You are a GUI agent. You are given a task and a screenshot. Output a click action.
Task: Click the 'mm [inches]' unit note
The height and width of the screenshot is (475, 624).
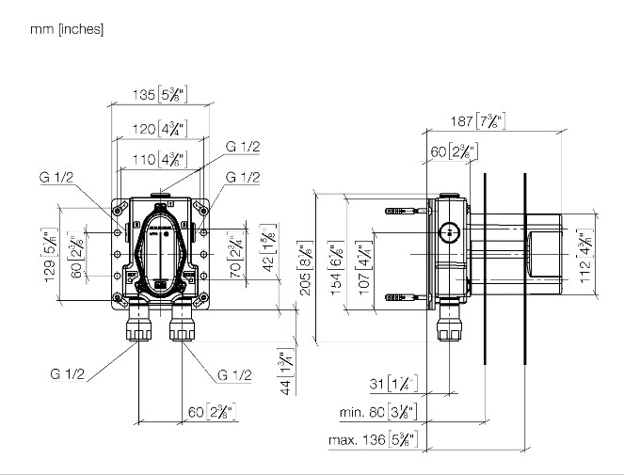(67, 29)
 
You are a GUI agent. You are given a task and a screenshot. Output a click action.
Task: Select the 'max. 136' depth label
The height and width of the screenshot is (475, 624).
(373, 440)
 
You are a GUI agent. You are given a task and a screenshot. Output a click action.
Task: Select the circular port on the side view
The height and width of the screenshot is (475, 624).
(451, 230)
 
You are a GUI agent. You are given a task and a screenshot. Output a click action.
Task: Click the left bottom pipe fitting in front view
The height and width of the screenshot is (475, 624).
(139, 328)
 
